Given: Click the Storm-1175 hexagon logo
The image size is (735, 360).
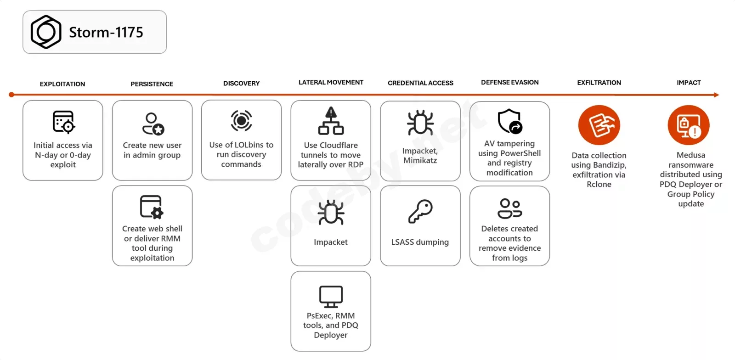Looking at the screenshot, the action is tap(46, 32).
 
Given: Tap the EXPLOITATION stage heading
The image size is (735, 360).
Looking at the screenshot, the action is tap(62, 84).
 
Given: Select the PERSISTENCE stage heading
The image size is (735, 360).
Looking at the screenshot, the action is tap(152, 84).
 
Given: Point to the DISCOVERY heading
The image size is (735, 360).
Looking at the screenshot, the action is tap(242, 83).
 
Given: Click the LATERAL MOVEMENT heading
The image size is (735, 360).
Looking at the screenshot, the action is tap(331, 82).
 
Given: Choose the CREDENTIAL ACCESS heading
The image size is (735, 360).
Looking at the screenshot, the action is tap(420, 83).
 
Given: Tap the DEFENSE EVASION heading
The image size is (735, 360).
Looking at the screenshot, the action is tap(510, 82).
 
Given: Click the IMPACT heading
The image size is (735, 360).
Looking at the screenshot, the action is tap(689, 83).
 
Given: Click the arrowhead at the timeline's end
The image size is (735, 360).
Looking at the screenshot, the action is tap(716, 95).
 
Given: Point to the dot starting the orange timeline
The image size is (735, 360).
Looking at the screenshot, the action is tap(11, 95).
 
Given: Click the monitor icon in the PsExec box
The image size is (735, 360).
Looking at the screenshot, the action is tap(331, 297).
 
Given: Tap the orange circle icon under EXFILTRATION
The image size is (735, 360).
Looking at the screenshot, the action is tap(599, 125).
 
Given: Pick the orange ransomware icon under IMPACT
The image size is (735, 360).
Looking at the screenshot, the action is tap(689, 125).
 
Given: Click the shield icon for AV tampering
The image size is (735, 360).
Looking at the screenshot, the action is tap(510, 121).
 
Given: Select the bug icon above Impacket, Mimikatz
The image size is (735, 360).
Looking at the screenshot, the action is tap(420, 123).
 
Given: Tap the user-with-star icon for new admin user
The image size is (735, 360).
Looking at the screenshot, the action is tap(153, 124).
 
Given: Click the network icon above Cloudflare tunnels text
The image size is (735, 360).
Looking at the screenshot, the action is tap(331, 121).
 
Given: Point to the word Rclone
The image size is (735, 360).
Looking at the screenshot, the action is tap(599, 184).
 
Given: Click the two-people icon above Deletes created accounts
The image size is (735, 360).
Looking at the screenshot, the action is tap(510, 208).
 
